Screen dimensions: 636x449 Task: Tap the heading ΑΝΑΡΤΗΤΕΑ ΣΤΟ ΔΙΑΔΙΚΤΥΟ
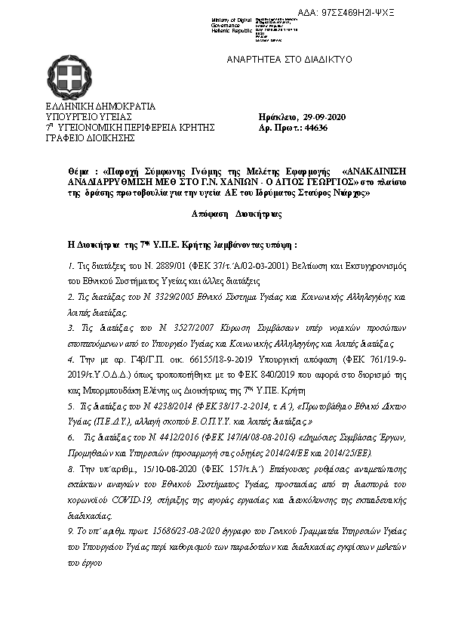point(290,59)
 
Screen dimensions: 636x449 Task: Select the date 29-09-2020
point(324,117)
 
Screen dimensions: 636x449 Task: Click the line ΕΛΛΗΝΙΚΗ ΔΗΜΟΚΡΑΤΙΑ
point(100,107)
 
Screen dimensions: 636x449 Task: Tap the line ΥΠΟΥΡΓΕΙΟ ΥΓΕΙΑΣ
point(89,117)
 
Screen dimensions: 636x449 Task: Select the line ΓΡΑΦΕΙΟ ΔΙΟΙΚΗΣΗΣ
point(90,138)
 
